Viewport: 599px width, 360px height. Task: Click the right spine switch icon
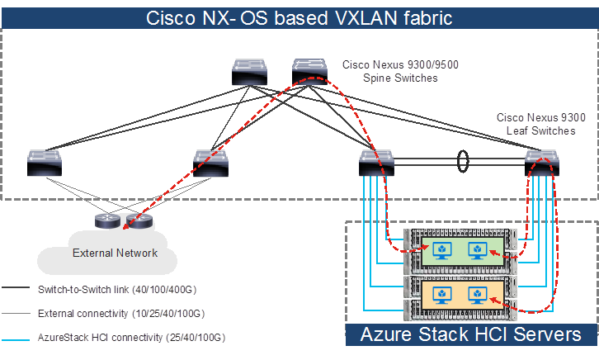coord(311,73)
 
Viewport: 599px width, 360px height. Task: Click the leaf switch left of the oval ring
coord(378,163)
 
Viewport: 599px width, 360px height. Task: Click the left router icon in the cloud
coord(108,220)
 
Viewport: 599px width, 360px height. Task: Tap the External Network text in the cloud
coord(116,253)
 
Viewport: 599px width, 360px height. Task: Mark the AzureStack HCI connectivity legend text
coord(131,338)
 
